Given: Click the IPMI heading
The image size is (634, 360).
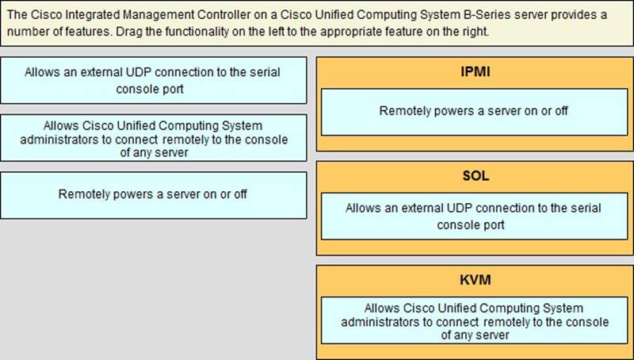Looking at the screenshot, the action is pos(475,72).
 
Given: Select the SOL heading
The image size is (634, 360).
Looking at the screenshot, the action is pos(475,176).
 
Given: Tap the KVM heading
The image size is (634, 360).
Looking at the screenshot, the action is pos(475,280).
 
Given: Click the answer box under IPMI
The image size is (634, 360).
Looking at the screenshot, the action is pos(474,112).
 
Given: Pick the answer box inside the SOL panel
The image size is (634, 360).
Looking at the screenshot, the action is pos(474,216).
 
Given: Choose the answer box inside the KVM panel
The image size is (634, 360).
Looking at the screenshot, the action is pos(474,320).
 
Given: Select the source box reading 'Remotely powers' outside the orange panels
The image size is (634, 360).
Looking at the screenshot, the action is pos(153,195).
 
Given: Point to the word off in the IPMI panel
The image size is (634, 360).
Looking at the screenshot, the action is pos(561,111).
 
